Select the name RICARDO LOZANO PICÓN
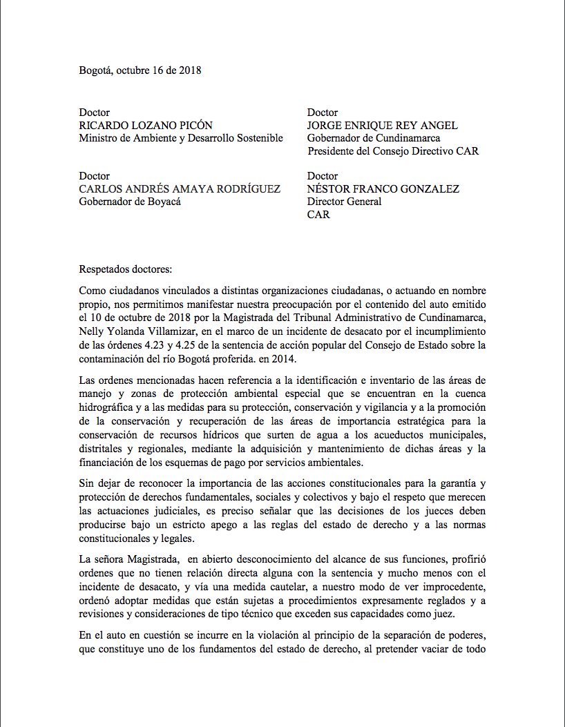(146, 126)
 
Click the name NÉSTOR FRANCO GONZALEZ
(383, 189)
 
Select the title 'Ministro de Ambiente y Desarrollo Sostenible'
(181, 138)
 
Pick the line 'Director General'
(344, 202)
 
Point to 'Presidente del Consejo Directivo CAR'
(393, 151)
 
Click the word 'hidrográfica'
(109, 405)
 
